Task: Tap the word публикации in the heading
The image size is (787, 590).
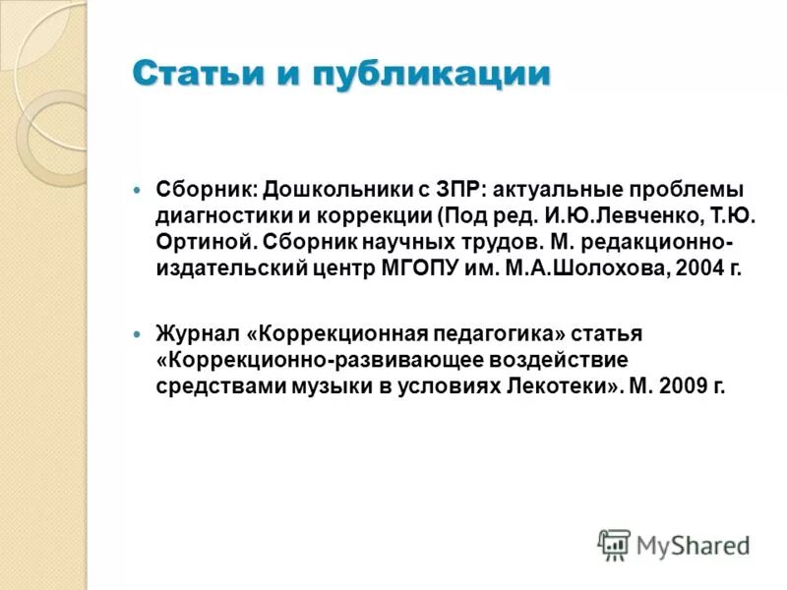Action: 437,76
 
